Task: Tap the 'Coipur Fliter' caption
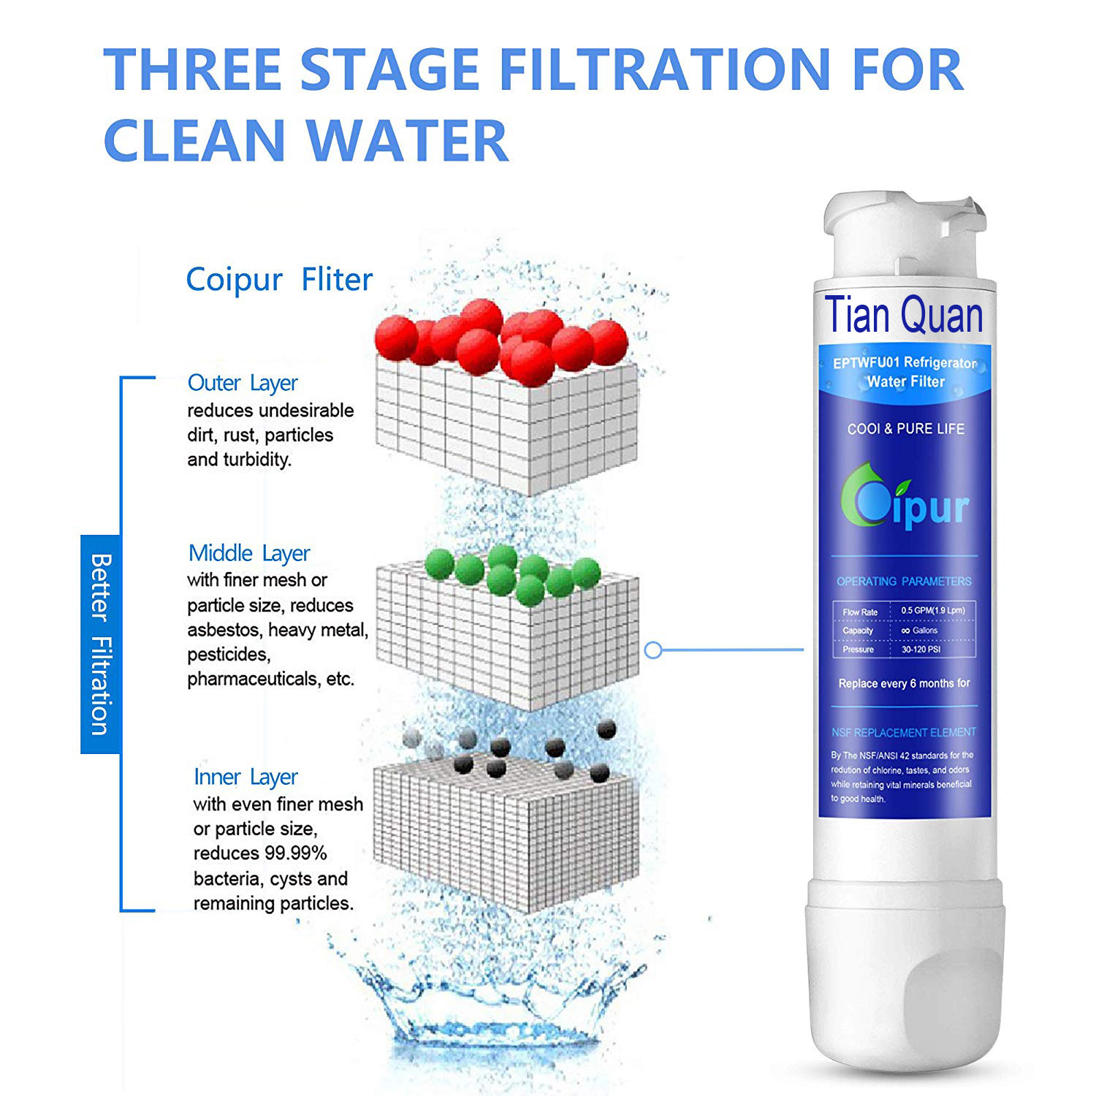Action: pos(279,280)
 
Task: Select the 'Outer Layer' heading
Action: pos(243,383)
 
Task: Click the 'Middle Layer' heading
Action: pos(249,553)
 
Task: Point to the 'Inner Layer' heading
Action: pos(246,777)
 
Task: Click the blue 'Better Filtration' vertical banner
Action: pos(99,644)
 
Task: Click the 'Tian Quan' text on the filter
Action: pos(904,315)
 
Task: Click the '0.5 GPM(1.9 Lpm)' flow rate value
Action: pos(932,610)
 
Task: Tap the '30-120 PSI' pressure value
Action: pos(921,649)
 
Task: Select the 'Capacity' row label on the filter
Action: pos(858,631)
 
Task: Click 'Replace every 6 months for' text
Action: pos(904,683)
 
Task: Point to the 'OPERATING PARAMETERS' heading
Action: pos(904,582)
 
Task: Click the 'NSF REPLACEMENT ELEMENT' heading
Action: pos(904,732)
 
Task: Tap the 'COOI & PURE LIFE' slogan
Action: pos(905,429)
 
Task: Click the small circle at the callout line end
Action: pos(654,650)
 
